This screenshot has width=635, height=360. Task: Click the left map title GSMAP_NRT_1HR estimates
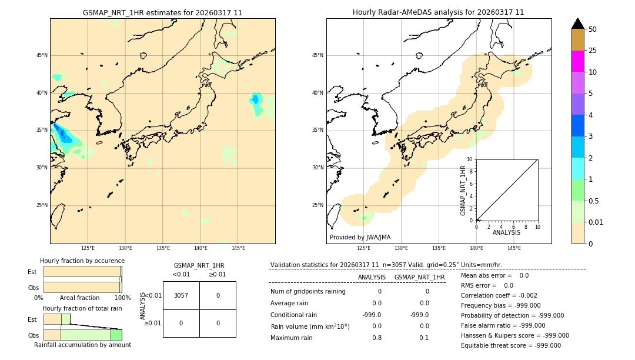coord(162,12)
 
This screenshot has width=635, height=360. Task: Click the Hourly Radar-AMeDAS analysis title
coord(438,12)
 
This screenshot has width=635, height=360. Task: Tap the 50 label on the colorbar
coord(593,29)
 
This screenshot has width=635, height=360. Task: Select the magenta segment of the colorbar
coord(577,61)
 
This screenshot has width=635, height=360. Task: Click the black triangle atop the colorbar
coord(577,24)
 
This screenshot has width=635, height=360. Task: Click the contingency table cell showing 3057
coord(181,295)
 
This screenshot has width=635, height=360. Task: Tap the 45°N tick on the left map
coord(42,55)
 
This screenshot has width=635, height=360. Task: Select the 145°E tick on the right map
coord(514,248)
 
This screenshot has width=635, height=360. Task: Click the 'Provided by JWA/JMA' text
coord(360,237)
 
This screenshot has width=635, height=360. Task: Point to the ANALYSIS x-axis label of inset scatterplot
coord(506,232)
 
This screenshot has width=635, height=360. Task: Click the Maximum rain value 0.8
coord(376,338)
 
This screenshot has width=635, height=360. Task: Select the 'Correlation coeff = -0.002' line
coord(499,295)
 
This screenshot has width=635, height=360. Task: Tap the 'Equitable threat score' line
coord(510,345)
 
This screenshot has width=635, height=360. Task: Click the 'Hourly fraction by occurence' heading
coord(82,261)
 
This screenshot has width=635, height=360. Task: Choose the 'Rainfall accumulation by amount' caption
coord(82,345)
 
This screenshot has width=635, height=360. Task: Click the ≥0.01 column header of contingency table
coord(217,274)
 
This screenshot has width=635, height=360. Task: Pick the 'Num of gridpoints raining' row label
coord(308,291)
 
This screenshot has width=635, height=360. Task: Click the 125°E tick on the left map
coord(88,248)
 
